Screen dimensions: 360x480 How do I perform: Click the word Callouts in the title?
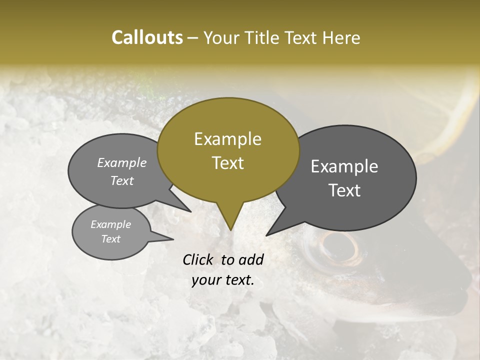click(147, 37)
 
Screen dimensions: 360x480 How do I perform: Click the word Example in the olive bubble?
click(227, 139)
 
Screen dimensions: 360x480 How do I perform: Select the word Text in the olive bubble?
click(228, 163)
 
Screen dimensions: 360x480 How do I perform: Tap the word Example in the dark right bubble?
click(344, 166)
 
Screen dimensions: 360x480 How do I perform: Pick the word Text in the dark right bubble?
click(345, 190)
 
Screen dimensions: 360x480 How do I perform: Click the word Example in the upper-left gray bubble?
click(122, 162)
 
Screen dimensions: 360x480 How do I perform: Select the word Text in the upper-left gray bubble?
click(122, 180)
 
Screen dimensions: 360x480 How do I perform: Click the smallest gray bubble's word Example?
click(110, 224)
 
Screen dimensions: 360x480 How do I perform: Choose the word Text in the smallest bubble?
click(111, 239)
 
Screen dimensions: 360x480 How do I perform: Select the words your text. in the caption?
click(223, 280)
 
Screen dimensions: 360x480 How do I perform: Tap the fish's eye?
click(338, 244)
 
